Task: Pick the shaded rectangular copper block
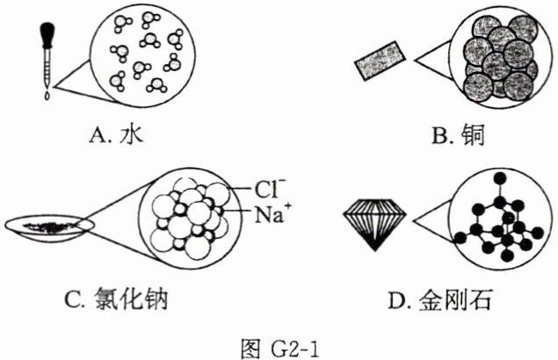click(379, 61)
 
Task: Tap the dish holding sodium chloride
click(48, 227)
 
